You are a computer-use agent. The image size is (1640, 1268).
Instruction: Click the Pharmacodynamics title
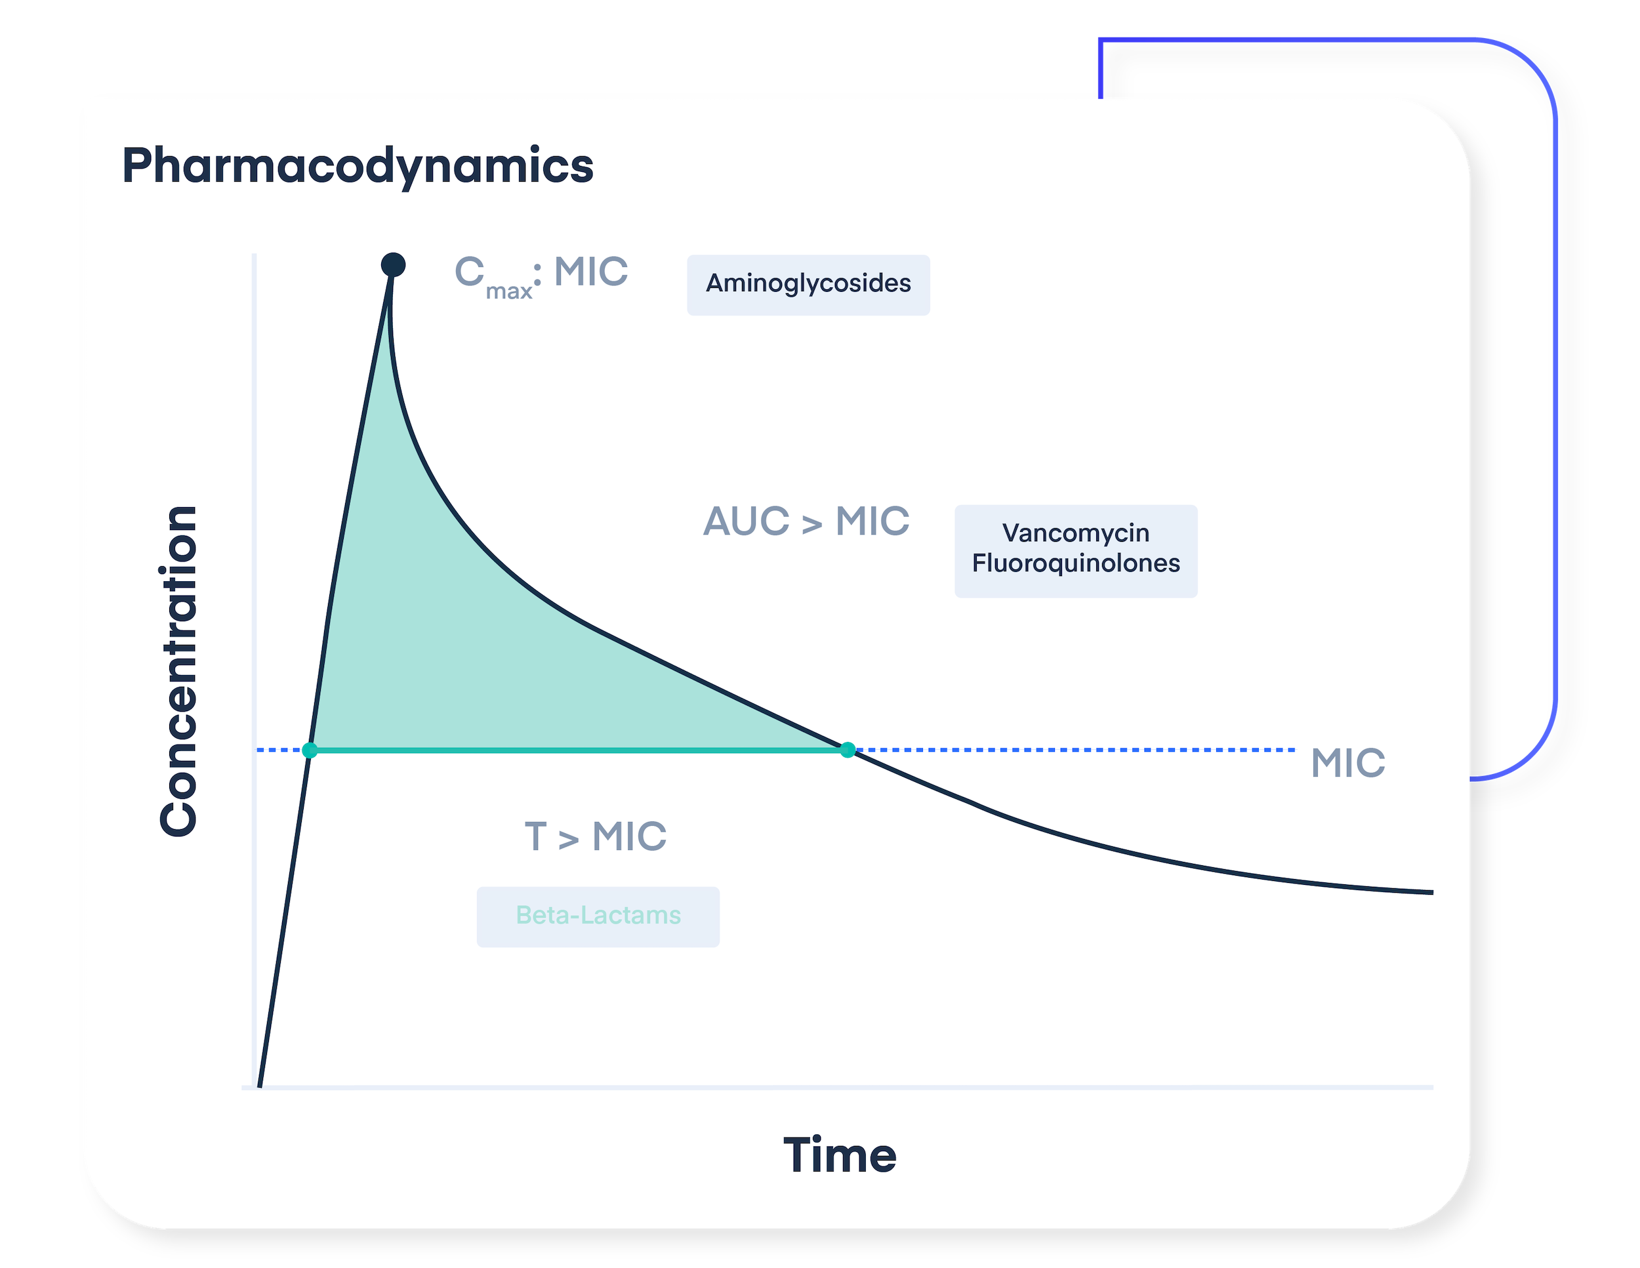pyautogui.click(x=358, y=166)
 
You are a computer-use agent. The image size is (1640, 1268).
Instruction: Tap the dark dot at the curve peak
pyautogui.click(x=393, y=264)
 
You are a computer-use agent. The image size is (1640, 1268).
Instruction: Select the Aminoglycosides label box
pyautogui.click(x=808, y=285)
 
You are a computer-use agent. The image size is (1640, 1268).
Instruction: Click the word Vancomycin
pyautogui.click(x=1075, y=533)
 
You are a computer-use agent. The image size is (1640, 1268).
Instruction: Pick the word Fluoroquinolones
pyautogui.click(x=1075, y=563)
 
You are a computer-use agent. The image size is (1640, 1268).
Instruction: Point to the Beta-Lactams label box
pyautogui.click(x=598, y=916)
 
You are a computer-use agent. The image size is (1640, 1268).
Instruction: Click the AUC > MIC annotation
pyautogui.click(x=806, y=521)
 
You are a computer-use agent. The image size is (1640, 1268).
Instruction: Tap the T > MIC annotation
pyautogui.click(x=596, y=836)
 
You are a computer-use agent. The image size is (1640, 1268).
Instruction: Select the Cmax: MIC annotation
pyautogui.click(x=541, y=276)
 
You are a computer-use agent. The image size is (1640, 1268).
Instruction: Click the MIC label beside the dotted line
pyautogui.click(x=1348, y=763)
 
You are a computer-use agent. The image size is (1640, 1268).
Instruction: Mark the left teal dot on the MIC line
pyautogui.click(x=310, y=749)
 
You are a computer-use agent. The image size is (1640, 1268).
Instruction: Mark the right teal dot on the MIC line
pyautogui.click(x=848, y=749)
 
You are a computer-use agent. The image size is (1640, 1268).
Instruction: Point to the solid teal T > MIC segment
pyautogui.click(x=578, y=749)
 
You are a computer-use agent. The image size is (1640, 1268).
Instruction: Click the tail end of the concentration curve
pyautogui.click(x=1431, y=892)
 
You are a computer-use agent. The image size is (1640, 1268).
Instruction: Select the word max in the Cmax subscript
pyautogui.click(x=508, y=291)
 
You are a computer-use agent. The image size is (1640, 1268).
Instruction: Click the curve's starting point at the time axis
pyautogui.click(x=260, y=1085)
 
